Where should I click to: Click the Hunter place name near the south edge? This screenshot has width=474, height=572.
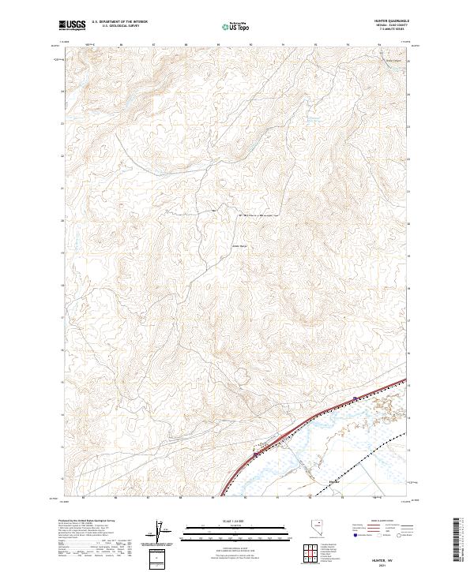point(334,480)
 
